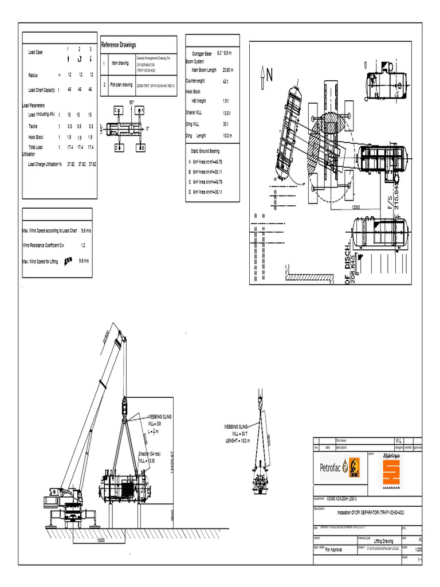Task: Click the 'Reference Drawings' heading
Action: click(119, 45)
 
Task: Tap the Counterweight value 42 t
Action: click(226, 81)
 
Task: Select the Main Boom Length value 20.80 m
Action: click(230, 70)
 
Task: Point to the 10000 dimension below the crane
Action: click(101, 541)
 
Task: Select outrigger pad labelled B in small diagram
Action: click(141, 147)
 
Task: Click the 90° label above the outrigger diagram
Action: click(132, 102)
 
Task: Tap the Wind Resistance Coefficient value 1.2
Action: click(83, 245)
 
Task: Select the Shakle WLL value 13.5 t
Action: click(226, 113)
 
